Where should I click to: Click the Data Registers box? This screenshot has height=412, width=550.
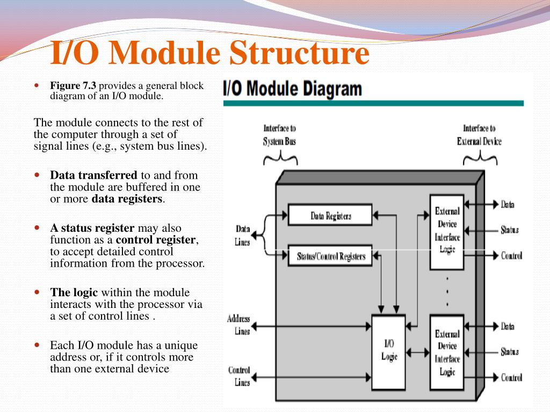330,215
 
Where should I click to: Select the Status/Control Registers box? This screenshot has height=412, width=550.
330,256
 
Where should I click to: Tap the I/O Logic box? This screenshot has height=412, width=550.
389,351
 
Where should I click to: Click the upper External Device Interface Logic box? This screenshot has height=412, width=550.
447,231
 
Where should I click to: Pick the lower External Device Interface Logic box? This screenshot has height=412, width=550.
447,352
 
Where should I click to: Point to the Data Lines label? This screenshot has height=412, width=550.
243,236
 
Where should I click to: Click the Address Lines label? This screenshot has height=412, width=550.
239,325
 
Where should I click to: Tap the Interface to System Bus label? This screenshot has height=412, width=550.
279,135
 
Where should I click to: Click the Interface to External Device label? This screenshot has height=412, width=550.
479,135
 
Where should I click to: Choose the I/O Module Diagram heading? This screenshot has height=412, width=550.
292,88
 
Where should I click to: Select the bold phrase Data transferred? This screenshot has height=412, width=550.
93,175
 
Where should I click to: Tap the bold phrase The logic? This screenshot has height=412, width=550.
74,292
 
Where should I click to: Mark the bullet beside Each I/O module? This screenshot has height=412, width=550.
37,344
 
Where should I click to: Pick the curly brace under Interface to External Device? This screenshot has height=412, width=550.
480,158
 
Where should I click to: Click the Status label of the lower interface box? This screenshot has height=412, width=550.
509,352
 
